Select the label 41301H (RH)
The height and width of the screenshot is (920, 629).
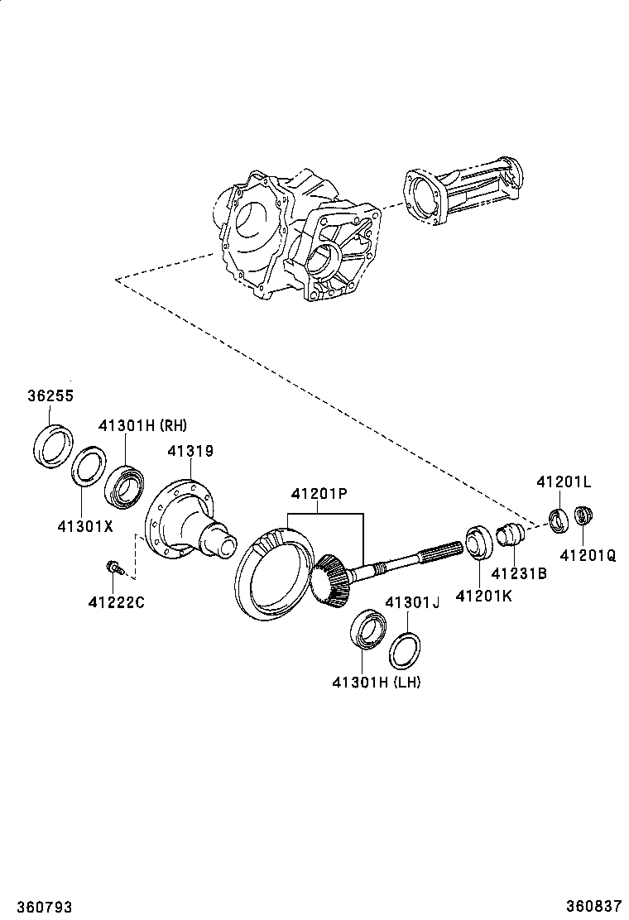click(x=143, y=426)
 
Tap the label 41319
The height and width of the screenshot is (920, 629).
click(x=190, y=452)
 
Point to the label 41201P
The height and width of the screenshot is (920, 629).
click(x=318, y=494)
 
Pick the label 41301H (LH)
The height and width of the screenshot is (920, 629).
click(x=377, y=682)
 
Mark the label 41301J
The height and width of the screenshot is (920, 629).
click(x=411, y=602)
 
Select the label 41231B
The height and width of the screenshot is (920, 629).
click(x=519, y=573)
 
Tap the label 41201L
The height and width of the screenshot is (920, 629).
click(x=564, y=482)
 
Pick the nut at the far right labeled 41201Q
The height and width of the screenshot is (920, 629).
click(x=583, y=516)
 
